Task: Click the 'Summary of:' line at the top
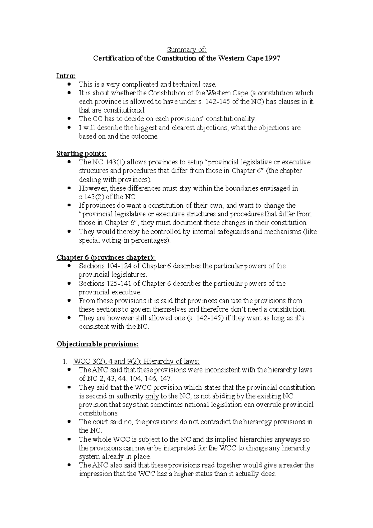186,50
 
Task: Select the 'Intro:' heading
66,76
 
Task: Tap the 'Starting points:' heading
81,154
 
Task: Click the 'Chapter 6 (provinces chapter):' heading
106,257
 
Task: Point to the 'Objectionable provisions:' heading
98,344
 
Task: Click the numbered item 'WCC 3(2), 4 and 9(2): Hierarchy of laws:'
136,361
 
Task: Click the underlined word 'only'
152,396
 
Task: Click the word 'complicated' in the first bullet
140,85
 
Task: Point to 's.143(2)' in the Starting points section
91,197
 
